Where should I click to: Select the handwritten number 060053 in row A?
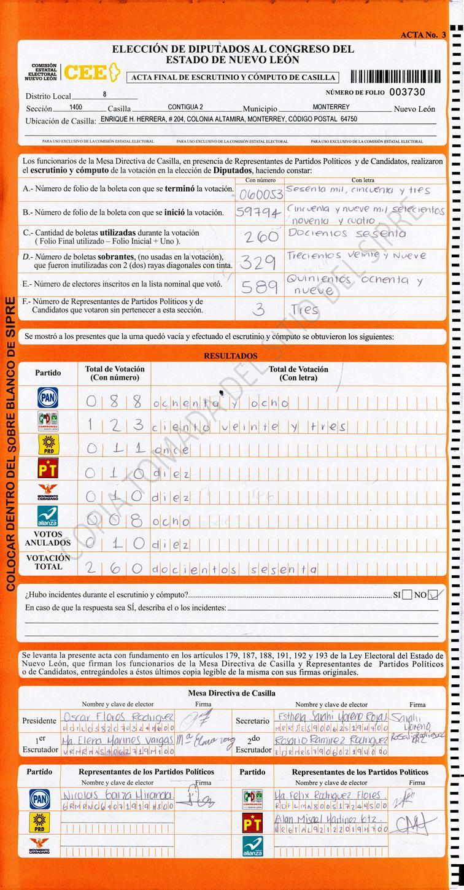(x=261, y=195)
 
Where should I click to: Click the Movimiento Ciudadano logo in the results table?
(x=48, y=493)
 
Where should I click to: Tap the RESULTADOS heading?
(x=231, y=356)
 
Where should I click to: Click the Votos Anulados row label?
(x=48, y=538)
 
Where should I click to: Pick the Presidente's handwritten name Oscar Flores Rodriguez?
(x=118, y=718)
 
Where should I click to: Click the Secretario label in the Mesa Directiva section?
(x=252, y=721)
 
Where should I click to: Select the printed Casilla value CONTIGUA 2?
(x=185, y=107)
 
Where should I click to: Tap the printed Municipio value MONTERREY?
(x=331, y=107)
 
